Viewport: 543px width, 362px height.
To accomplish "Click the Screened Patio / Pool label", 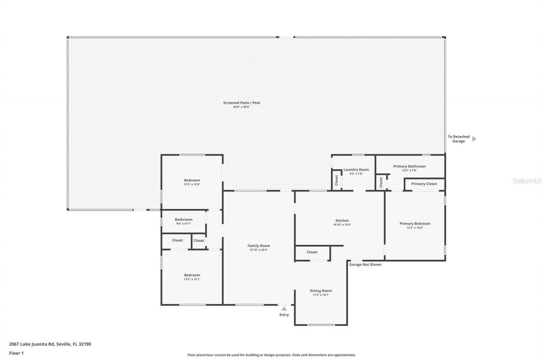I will (241, 103).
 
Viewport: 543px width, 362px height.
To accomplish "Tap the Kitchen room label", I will (342, 221).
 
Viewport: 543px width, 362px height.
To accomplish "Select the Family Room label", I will (259, 246).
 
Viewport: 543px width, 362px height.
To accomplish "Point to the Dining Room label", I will (321, 291).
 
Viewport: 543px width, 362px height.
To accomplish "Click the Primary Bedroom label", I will (414, 224).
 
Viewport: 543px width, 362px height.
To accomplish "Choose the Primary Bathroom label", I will (409, 166).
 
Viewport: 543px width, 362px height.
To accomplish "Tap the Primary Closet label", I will (424, 184).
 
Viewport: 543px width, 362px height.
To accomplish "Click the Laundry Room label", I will (356, 169).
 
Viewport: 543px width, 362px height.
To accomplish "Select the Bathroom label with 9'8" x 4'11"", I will (183, 219).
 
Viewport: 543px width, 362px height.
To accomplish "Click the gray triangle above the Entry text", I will (284, 309).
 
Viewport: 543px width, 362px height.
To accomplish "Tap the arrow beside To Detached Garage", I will (474, 139).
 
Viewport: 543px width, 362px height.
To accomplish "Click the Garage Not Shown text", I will (365, 264).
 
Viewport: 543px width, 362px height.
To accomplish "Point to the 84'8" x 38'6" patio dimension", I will (241, 107).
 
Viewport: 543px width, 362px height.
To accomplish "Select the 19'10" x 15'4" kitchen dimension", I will (342, 225).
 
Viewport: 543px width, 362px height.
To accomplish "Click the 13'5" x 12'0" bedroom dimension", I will (192, 185).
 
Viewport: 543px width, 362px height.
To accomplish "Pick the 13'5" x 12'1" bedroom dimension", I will (192, 279).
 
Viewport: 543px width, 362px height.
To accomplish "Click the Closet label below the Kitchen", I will (312, 252).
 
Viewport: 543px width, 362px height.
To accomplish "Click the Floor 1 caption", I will (16, 353).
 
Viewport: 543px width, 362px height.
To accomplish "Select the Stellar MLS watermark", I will (527, 181).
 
